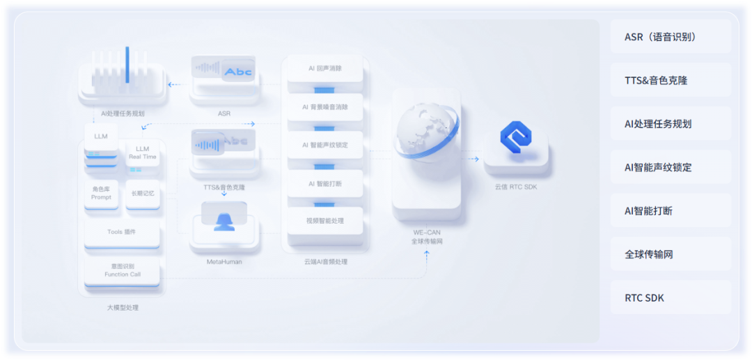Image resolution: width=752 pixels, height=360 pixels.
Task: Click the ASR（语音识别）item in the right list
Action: pyautogui.click(x=671, y=37)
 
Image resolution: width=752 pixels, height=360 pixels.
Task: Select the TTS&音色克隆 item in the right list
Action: pyautogui.click(x=671, y=80)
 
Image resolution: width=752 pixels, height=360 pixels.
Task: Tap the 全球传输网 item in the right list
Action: pyautogui.click(x=671, y=254)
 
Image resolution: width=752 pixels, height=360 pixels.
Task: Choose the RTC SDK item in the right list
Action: pyautogui.click(x=671, y=297)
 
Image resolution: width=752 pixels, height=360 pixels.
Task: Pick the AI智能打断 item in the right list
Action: pyautogui.click(x=671, y=210)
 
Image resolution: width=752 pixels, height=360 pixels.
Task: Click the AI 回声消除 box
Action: pyautogui.click(x=325, y=69)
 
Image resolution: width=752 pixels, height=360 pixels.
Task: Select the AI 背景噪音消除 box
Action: pyautogui.click(x=325, y=107)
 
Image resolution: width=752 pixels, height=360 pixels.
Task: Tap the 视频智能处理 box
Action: pyautogui.click(x=325, y=221)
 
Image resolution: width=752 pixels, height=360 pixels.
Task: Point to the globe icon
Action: pyautogui.click(x=426, y=132)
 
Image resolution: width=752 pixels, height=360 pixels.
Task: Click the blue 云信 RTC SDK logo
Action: pyautogui.click(x=516, y=141)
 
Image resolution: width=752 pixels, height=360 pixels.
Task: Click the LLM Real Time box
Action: pyautogui.click(x=143, y=153)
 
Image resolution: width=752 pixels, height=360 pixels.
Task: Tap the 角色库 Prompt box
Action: pyautogui.click(x=101, y=193)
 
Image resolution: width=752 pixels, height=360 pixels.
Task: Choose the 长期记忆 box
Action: pyautogui.click(x=143, y=193)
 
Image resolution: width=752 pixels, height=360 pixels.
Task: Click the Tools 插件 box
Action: pyautogui.click(x=122, y=233)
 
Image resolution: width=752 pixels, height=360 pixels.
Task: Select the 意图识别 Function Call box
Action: pyautogui.click(x=122, y=270)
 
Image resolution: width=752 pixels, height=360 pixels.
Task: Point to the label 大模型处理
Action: pyautogui.click(x=123, y=307)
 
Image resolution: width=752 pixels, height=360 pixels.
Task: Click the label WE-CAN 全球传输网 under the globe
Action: pyautogui.click(x=426, y=237)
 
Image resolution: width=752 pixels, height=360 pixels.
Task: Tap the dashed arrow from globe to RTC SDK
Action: pyautogui.click(x=472, y=159)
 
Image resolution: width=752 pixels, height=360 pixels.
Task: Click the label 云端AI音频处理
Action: pyautogui.click(x=325, y=262)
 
